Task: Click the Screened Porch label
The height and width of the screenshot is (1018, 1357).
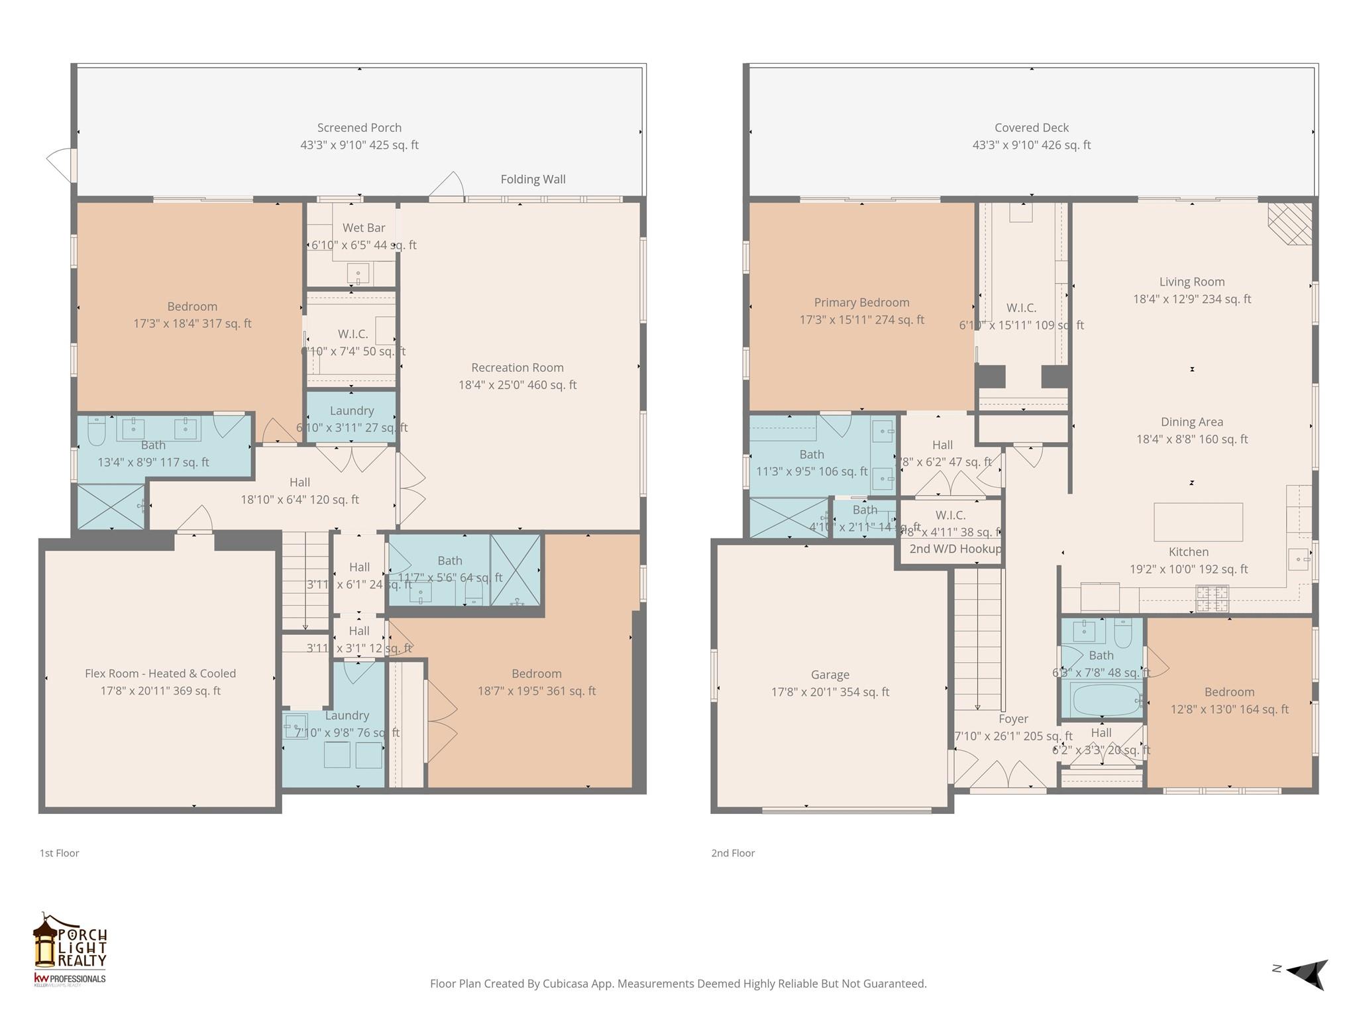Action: click(359, 128)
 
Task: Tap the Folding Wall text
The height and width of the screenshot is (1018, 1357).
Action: click(533, 179)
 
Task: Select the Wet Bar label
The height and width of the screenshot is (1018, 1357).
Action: click(364, 228)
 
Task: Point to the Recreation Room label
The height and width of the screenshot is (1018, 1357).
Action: click(517, 368)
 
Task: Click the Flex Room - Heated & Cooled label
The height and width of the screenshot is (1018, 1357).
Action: click(160, 673)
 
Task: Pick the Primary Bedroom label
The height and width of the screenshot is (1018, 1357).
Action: click(861, 303)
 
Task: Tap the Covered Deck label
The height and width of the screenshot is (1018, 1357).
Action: click(1031, 128)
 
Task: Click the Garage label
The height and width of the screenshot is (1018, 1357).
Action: click(830, 675)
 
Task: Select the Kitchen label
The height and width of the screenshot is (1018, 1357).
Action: click(1189, 552)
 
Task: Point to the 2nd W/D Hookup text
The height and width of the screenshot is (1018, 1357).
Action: click(955, 549)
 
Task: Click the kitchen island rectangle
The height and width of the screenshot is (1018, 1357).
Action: click(1198, 522)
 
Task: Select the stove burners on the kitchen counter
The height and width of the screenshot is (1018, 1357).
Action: click(1212, 598)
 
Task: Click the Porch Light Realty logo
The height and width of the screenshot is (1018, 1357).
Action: click(70, 950)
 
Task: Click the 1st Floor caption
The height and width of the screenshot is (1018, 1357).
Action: click(59, 853)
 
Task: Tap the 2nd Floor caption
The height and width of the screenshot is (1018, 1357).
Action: click(733, 853)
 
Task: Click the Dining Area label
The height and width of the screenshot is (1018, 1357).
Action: click(1191, 422)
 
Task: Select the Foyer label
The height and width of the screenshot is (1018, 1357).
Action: click(1013, 719)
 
